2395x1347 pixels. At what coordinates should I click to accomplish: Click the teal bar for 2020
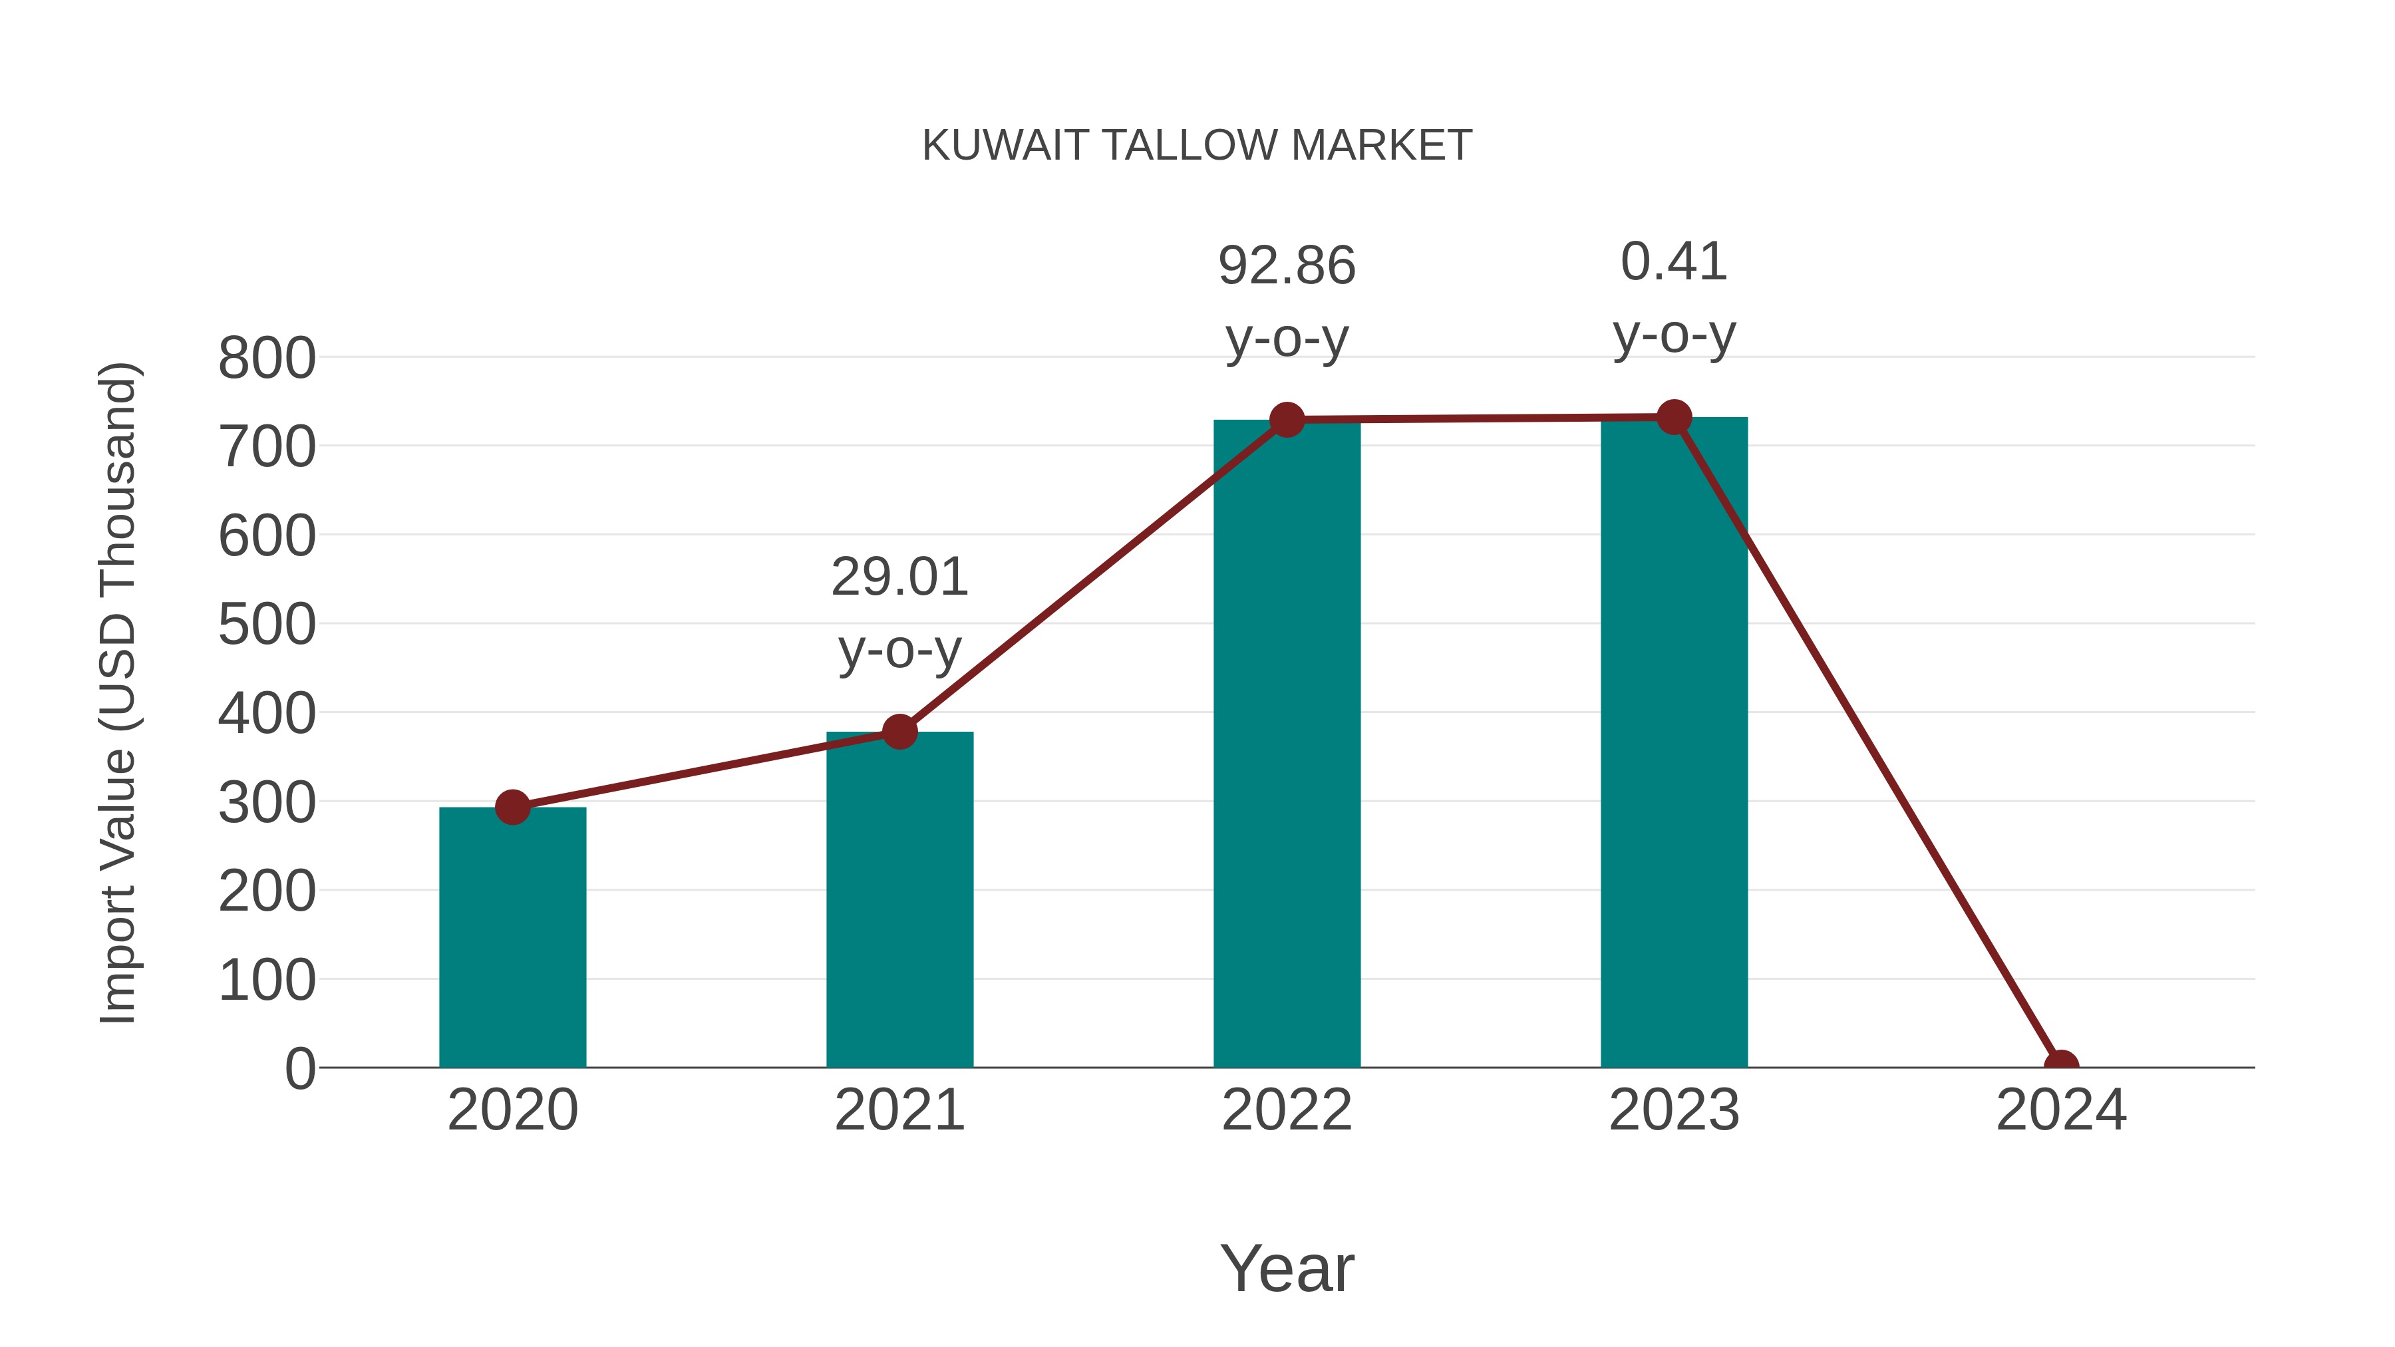click(x=512, y=939)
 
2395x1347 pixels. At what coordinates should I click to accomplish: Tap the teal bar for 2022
click(x=1287, y=744)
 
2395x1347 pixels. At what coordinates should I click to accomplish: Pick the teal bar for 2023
click(x=1674, y=744)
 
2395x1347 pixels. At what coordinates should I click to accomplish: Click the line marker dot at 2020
click(x=512, y=807)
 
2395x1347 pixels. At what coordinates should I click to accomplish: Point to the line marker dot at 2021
click(x=899, y=732)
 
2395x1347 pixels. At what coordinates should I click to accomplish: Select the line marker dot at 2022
click(x=1287, y=420)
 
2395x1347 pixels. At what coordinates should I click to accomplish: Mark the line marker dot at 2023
click(x=1674, y=417)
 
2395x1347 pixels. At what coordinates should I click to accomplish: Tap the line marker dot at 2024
click(x=2061, y=1066)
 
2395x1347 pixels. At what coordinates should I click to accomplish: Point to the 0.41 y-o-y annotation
click(x=1674, y=297)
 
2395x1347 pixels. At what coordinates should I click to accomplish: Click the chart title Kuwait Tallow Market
click(x=1197, y=146)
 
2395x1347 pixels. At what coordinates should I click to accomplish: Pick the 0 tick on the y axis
click(x=299, y=1068)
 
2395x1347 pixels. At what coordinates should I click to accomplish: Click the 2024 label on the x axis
click(x=2061, y=1110)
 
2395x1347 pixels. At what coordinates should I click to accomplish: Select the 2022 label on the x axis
click(x=1287, y=1110)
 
